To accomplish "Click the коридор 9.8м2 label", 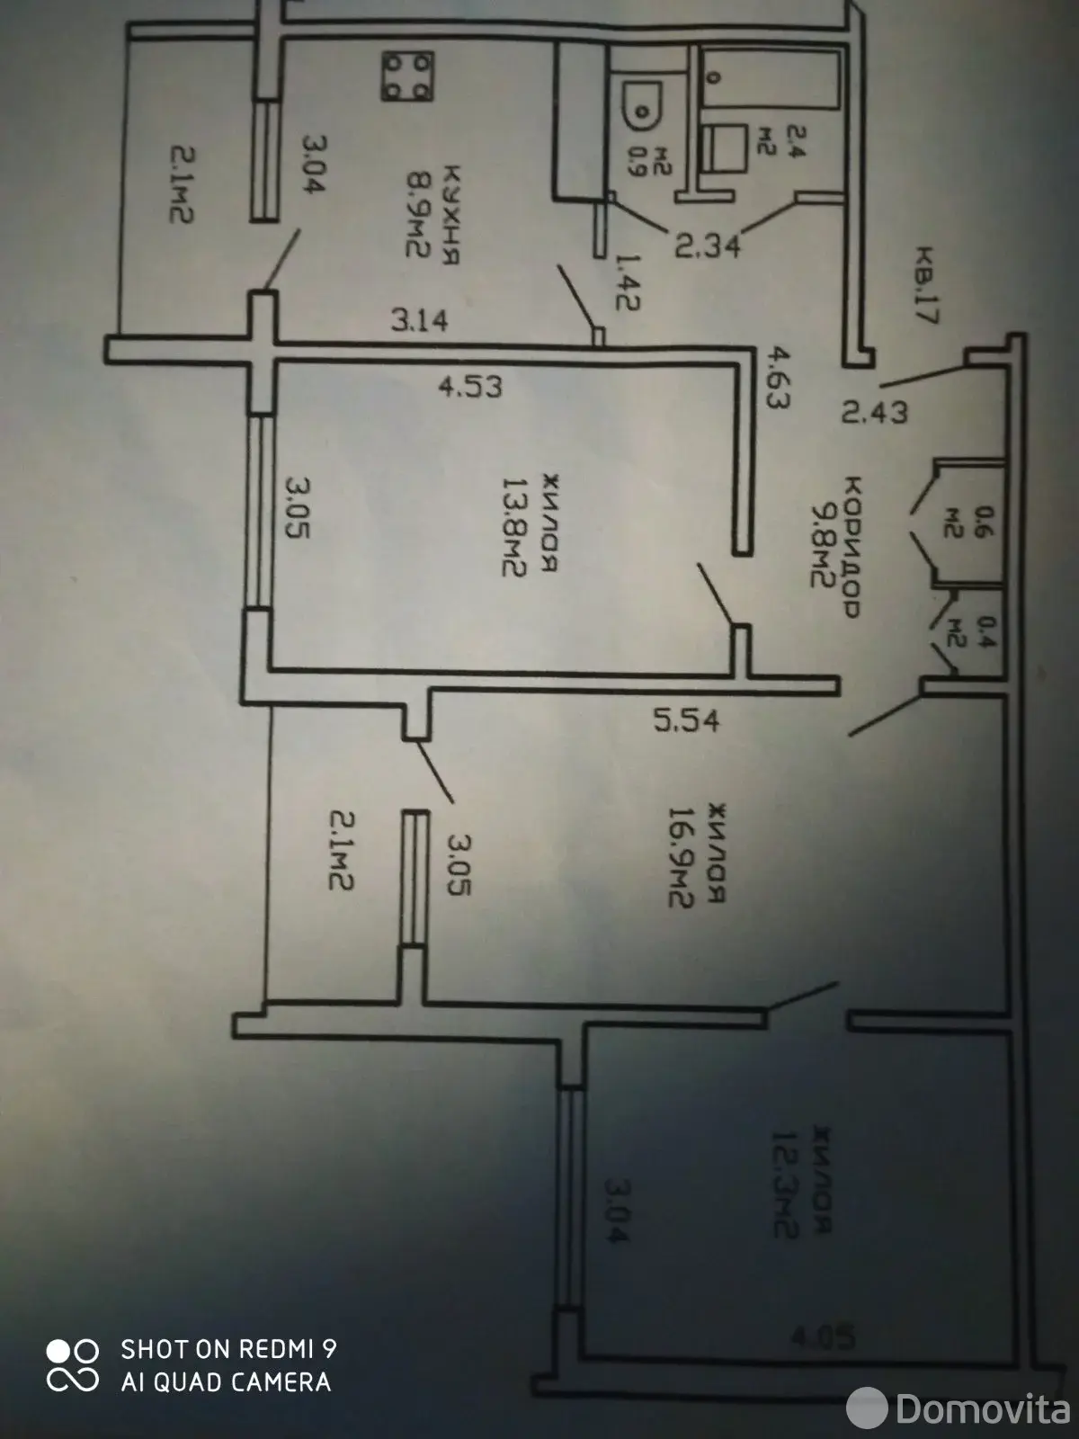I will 836,544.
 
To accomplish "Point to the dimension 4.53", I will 469,388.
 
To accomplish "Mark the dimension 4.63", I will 775,380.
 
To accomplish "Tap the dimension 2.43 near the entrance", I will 875,411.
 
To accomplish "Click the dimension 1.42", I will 627,281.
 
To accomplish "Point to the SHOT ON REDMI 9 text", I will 228,1348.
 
